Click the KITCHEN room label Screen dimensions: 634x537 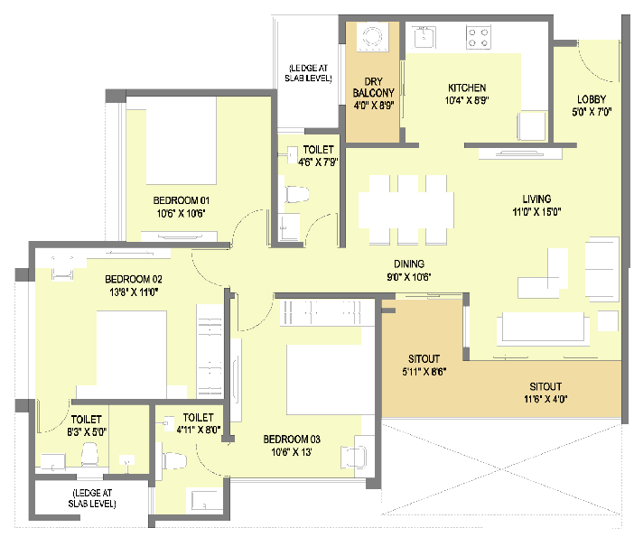coord(467,88)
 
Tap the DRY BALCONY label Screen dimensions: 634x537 coord(373,88)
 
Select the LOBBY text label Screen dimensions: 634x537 coord(592,99)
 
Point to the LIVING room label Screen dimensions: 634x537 coord(536,199)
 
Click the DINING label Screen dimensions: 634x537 coord(409,264)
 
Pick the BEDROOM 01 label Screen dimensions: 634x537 coord(182,200)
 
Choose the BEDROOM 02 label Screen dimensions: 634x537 coord(134,279)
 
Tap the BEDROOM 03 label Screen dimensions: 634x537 coord(292,440)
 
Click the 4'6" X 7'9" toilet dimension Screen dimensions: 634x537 coord(318,162)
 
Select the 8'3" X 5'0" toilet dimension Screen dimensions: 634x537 coord(87,432)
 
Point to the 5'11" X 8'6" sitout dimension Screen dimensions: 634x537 coord(424,372)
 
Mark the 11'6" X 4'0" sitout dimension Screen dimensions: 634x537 coord(545,399)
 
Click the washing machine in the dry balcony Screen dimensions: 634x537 coord(372,37)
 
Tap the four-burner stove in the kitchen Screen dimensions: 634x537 coord(479,37)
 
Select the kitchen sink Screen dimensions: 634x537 coord(424,37)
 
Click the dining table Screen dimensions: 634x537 coord(406,209)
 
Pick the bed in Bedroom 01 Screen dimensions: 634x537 coord(182,140)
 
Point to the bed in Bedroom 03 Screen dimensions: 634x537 coord(331,379)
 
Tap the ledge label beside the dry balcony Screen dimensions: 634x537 coord(308,73)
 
